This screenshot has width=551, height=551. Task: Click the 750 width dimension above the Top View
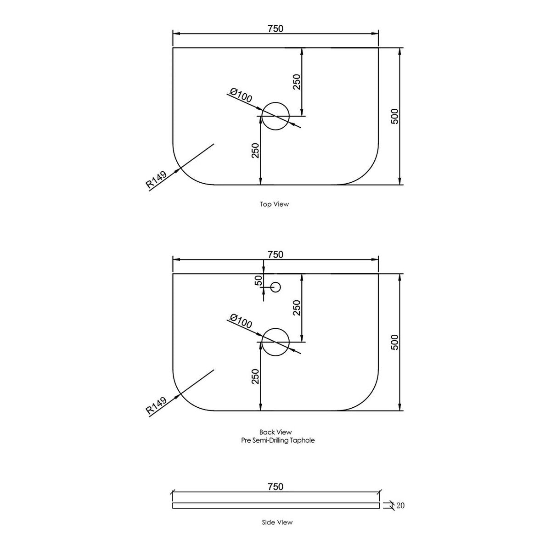pos(275,28)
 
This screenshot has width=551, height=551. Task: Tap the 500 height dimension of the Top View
pos(394,116)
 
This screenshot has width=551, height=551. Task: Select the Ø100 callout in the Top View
pos(241,95)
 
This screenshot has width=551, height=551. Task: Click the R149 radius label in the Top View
pos(156,180)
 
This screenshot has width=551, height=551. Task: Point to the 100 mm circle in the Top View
pos(289,116)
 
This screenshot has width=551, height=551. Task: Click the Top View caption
pos(275,204)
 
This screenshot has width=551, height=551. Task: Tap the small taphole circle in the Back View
pos(281,287)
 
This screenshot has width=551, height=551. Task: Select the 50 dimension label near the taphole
pos(259,281)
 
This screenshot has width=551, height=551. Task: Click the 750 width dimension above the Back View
pos(275,254)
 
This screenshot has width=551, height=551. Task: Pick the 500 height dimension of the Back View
pos(394,342)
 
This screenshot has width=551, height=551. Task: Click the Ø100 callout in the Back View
pos(241,321)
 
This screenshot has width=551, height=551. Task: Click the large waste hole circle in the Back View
pos(289,342)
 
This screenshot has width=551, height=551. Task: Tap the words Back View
pos(275,432)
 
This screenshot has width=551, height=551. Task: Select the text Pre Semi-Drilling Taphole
pos(278,440)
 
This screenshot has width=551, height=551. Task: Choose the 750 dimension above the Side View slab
pos(275,486)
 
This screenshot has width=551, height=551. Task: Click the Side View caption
pos(277,523)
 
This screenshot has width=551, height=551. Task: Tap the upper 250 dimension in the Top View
pos(298,82)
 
